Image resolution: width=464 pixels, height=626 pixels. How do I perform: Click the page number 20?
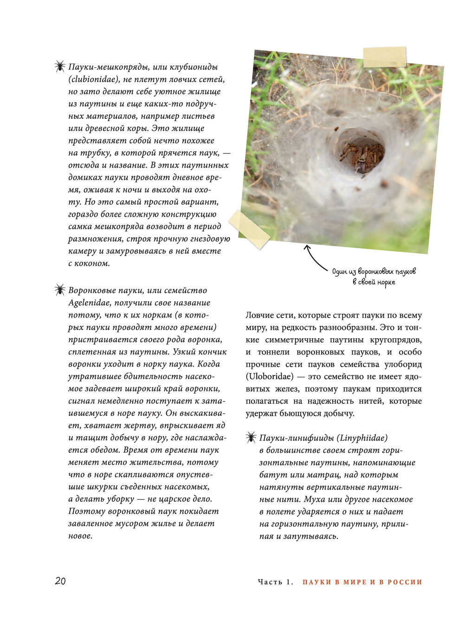pos(60,581)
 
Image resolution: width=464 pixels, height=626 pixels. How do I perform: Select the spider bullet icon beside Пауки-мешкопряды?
pos(60,66)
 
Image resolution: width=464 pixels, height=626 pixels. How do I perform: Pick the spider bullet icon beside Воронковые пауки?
pos(60,290)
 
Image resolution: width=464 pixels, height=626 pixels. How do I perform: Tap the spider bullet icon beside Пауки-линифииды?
pos(251,437)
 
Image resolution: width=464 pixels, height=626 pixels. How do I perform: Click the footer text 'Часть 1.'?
pos(276,582)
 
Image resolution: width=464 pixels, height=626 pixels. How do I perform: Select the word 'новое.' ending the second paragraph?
pos(80,536)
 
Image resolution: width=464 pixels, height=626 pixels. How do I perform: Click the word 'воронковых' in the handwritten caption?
pos(375,271)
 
